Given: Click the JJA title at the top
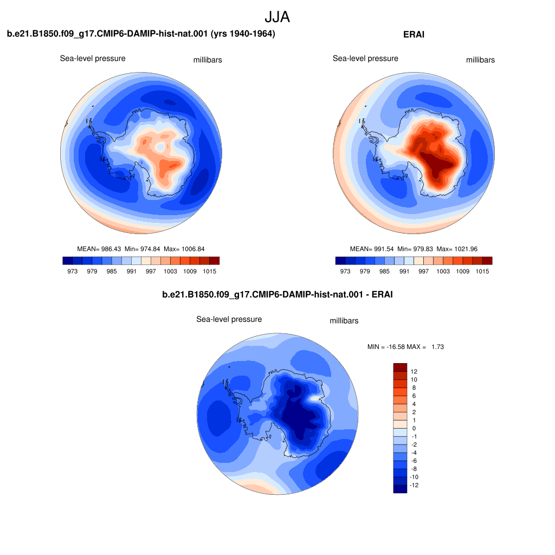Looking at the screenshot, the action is click(x=277, y=17).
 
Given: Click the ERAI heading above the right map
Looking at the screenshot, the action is click(x=414, y=34).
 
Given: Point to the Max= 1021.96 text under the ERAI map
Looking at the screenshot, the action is click(x=457, y=249).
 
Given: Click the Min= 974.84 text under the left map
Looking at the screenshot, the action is click(x=143, y=249).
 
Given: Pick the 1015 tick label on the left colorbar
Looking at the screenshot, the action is click(x=210, y=271).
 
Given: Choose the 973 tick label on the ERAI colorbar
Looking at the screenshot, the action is click(x=345, y=271).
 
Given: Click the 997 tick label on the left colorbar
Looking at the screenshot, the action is click(x=151, y=271).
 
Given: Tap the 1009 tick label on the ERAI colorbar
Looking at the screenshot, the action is click(x=463, y=271).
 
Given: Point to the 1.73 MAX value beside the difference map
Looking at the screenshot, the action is click(x=437, y=347).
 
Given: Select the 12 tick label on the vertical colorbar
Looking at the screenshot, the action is click(x=414, y=371).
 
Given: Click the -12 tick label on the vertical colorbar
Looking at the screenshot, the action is click(x=414, y=485).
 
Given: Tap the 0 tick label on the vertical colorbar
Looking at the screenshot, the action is click(x=414, y=428).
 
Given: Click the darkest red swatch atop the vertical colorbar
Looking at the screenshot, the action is click(x=400, y=367).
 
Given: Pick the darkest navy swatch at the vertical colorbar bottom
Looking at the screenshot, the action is click(x=400, y=489).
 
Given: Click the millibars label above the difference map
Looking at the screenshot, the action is click(x=344, y=321).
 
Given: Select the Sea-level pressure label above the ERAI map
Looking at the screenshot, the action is click(x=365, y=59).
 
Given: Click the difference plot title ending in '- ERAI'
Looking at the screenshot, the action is click(x=277, y=294).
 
